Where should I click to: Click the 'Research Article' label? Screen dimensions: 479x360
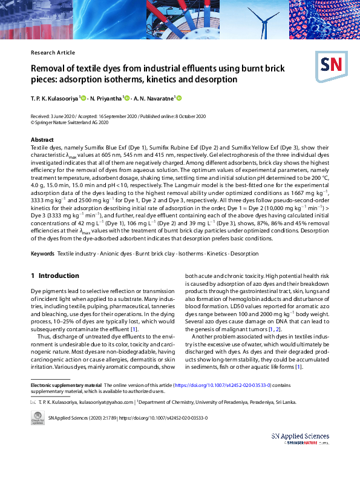coord(53,53)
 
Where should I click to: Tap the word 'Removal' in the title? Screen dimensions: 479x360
coord(51,68)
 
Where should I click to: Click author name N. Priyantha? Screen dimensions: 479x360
coord(106,98)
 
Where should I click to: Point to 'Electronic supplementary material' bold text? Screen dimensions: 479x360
coord(66,385)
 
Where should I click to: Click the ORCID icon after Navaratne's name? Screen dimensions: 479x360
coord(179,98)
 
